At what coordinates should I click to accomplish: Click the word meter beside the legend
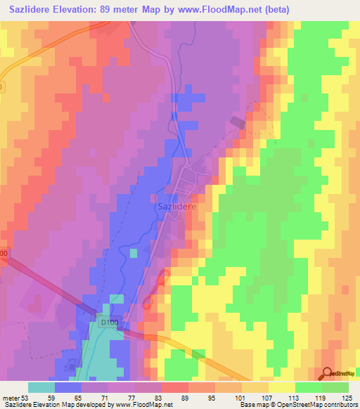11,397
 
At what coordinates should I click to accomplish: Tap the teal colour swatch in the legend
41,387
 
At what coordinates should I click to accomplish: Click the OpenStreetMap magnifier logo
328,374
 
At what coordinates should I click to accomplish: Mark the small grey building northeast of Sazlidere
237,123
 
